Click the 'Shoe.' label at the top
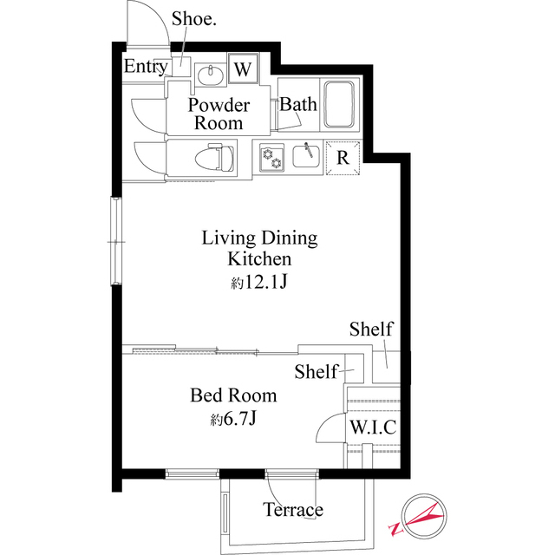tap(193, 19)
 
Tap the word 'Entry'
tap(146, 67)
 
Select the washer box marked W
tap(243, 69)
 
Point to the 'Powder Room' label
tap(219, 114)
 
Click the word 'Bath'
tap(298, 105)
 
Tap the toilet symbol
tap(213, 159)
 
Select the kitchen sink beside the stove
tap(304, 156)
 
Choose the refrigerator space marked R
tap(343, 158)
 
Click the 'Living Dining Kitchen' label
tap(259, 247)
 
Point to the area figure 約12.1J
tap(259, 282)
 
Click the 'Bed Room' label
tap(233, 395)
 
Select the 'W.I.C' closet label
tap(372, 428)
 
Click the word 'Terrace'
tap(293, 510)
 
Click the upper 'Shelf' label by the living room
tap(371, 330)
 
